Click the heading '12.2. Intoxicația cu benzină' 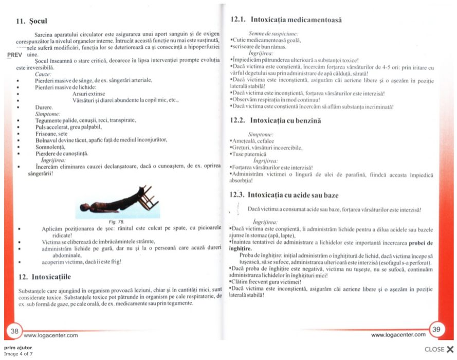click(276, 120)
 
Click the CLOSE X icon click(450, 349)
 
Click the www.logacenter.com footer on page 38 click(50, 335)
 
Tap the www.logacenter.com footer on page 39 click(398, 335)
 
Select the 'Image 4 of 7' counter click(19, 354)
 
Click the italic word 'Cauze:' click(43, 74)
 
